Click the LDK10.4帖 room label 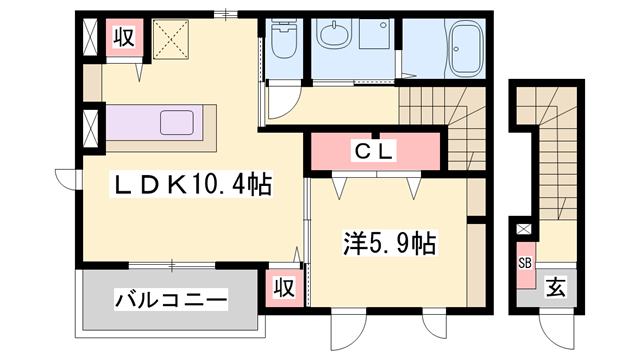[x=191, y=184]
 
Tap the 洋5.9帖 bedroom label [x=390, y=243]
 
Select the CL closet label [x=374, y=151]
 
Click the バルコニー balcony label [x=171, y=300]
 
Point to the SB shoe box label [x=525, y=263]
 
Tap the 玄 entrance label [x=556, y=287]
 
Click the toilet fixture [x=284, y=38]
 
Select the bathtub [x=465, y=48]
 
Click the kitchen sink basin [x=177, y=122]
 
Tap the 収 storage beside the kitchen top [x=124, y=38]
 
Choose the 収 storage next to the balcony [x=284, y=288]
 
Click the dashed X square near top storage [x=171, y=39]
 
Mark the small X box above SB [x=523, y=229]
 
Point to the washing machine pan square [x=374, y=34]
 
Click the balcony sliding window [x=172, y=265]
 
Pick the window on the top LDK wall [x=226, y=14]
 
